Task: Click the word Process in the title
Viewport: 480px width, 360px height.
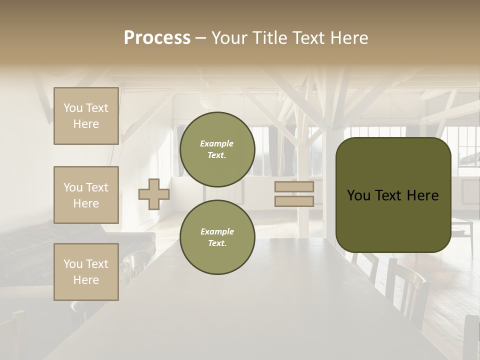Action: click(157, 38)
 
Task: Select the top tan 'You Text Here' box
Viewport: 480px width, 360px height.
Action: click(86, 116)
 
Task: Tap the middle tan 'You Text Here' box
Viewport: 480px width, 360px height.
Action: click(86, 195)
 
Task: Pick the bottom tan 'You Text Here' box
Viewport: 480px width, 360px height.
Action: click(86, 272)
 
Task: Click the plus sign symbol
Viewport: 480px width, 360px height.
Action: click(154, 193)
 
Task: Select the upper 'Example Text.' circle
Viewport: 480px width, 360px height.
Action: click(217, 149)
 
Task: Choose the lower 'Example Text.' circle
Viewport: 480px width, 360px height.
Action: click(217, 237)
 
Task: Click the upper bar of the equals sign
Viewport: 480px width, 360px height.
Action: click(294, 186)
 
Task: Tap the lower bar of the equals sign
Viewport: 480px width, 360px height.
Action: click(294, 201)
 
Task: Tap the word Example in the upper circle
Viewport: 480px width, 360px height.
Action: click(217, 143)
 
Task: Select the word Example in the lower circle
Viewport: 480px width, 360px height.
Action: click(217, 231)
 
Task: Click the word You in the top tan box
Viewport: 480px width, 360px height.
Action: click(73, 108)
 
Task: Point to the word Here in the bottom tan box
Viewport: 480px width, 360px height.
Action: click(86, 280)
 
